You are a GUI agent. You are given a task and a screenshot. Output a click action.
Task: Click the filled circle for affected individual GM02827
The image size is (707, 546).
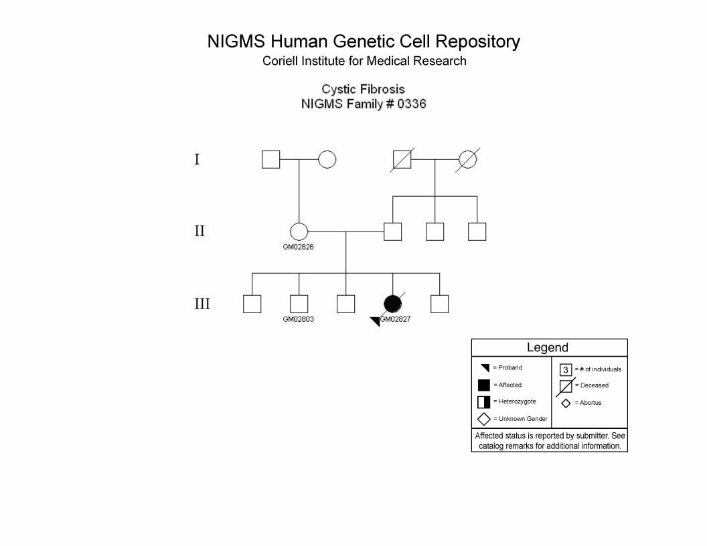(393, 304)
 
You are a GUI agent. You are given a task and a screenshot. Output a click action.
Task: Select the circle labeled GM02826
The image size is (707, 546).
(299, 232)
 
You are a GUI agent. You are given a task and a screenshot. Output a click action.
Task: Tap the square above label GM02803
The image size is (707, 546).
(299, 304)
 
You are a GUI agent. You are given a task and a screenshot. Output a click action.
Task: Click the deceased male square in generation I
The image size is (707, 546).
(402, 159)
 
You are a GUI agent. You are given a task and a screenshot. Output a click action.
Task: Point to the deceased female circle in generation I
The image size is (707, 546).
(467, 159)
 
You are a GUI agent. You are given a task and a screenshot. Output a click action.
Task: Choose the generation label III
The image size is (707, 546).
(202, 304)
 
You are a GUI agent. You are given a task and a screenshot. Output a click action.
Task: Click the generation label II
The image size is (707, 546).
(200, 231)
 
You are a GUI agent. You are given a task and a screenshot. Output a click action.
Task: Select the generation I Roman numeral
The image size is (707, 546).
(197, 159)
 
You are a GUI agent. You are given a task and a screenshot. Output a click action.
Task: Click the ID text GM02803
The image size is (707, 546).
(298, 319)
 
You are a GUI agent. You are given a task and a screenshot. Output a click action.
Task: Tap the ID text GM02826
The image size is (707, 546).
(298, 247)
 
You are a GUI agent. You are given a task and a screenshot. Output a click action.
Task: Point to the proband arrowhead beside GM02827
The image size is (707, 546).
(376, 321)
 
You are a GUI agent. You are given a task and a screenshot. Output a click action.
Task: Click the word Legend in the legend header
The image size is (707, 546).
(548, 347)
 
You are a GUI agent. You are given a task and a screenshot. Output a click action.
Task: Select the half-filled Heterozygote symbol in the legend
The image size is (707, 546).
(484, 402)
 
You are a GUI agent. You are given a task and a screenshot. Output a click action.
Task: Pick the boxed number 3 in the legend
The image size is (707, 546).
(566, 370)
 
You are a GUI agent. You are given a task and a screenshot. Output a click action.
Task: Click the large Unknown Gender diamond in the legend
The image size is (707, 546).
(484, 419)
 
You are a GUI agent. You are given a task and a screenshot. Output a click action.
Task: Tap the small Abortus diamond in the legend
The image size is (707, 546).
(566, 403)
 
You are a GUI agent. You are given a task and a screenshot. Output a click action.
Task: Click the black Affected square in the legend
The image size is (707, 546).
(484, 385)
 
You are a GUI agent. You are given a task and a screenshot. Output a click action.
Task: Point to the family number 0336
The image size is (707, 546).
(412, 104)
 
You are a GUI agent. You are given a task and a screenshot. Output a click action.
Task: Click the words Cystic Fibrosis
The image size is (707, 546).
(363, 89)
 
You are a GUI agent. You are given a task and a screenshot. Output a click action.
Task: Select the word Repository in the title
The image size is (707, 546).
(477, 42)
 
